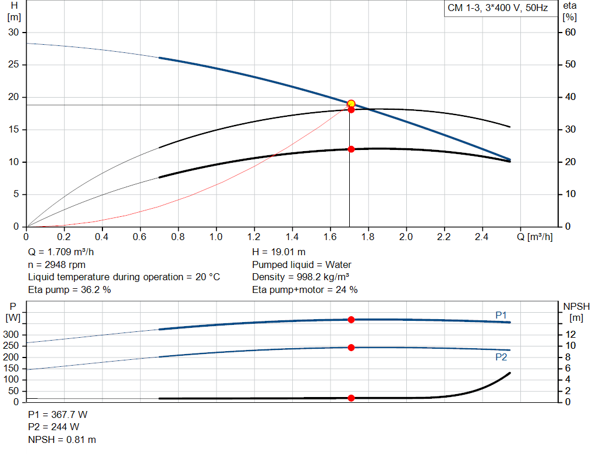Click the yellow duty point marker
(x=351, y=104)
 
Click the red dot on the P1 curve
(x=351, y=320)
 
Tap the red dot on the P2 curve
(x=351, y=348)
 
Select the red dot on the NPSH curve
(x=351, y=398)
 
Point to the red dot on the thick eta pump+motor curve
(x=351, y=149)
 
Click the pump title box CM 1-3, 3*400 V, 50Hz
(x=498, y=9)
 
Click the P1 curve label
(x=501, y=315)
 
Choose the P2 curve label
(x=501, y=358)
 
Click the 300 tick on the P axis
(x=11, y=335)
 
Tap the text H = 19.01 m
(x=279, y=252)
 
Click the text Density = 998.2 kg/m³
(x=300, y=277)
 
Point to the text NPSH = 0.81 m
(x=62, y=440)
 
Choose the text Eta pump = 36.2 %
(x=69, y=289)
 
